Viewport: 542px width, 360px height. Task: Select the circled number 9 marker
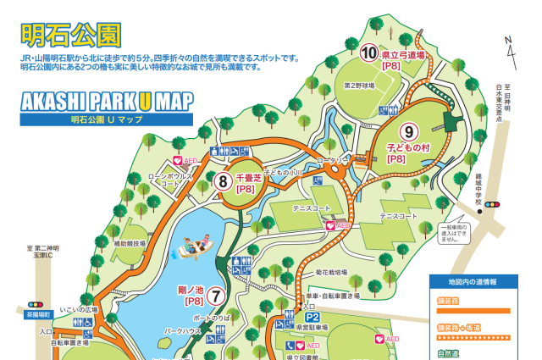pyautogui.click(x=408, y=132)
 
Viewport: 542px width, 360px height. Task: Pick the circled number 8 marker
pyautogui.click(x=223, y=180)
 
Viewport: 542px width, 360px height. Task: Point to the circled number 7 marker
pyautogui.click(x=217, y=296)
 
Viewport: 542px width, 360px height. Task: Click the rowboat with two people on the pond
pyautogui.click(x=196, y=248)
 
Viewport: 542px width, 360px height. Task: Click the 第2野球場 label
pyautogui.click(x=358, y=86)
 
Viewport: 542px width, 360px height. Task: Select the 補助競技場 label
pyautogui.click(x=130, y=242)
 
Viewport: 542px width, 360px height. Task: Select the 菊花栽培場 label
pyautogui.click(x=332, y=273)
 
